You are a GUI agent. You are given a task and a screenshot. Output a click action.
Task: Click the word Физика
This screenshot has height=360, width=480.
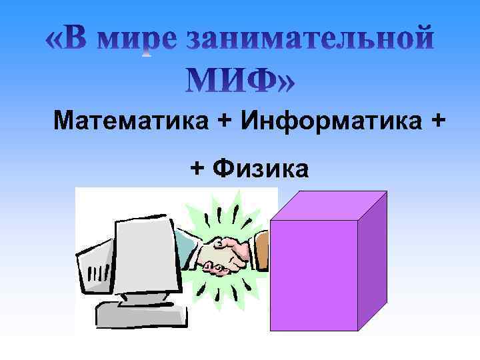[x=261, y=169]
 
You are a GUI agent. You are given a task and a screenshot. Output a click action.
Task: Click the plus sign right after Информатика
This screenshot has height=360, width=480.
[x=437, y=121]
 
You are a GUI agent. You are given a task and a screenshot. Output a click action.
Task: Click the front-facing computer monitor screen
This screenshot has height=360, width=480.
[x=147, y=257]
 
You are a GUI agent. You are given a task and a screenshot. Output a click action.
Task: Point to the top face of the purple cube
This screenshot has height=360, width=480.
[x=330, y=205]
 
